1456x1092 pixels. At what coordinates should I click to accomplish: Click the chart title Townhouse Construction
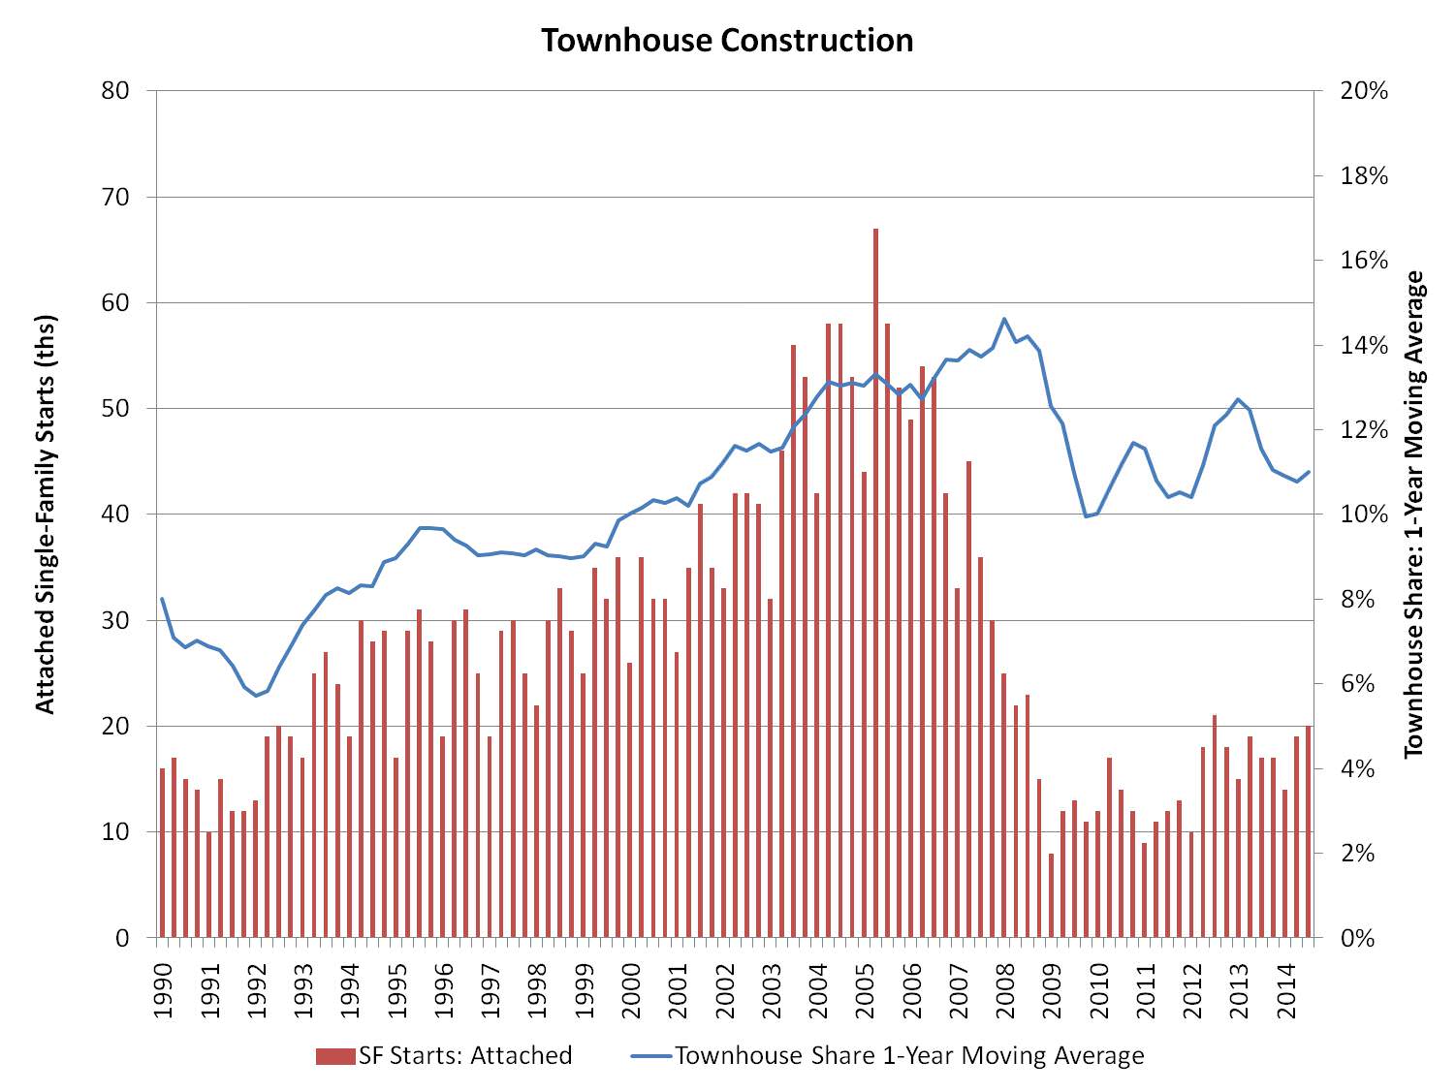(727, 41)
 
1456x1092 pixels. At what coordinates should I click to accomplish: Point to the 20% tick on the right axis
(1364, 91)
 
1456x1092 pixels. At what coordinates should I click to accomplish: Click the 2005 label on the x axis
(865, 989)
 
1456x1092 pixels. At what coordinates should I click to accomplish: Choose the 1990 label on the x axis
(163, 989)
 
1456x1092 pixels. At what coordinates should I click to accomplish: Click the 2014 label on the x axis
(1286, 989)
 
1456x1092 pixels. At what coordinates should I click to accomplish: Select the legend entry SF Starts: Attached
(444, 1055)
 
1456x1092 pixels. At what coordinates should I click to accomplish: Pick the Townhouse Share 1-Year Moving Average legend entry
(887, 1055)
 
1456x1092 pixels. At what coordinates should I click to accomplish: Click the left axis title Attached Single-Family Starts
(46, 514)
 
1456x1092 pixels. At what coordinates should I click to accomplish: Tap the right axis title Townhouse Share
(1414, 514)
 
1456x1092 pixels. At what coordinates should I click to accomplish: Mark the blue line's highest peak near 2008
(1004, 319)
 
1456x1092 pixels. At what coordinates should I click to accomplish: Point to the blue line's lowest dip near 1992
(257, 696)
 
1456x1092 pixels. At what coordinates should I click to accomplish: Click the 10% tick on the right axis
(1364, 515)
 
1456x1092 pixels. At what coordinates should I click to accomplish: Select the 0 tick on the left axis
(122, 938)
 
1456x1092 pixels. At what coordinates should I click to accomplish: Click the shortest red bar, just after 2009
(1051, 895)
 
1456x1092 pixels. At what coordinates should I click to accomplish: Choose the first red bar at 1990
(163, 853)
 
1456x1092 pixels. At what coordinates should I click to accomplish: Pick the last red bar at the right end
(1308, 831)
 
